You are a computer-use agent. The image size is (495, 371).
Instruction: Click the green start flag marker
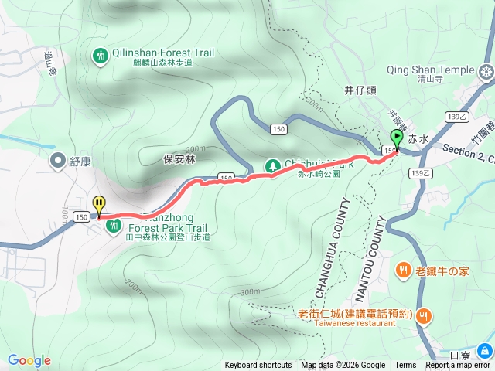click(x=397, y=140)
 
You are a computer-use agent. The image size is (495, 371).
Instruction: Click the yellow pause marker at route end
click(x=99, y=205)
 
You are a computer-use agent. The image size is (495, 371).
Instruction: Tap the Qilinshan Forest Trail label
click(x=163, y=53)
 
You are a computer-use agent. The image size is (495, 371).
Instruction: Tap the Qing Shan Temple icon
click(x=486, y=72)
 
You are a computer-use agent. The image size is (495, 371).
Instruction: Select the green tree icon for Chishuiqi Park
click(x=272, y=165)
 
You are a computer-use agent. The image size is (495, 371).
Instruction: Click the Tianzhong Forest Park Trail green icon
click(x=114, y=225)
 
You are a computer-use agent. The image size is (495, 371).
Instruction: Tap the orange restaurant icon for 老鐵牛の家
click(x=404, y=270)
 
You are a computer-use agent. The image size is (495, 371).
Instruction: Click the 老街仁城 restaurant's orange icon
click(x=424, y=315)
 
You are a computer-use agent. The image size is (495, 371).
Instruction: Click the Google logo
click(x=29, y=360)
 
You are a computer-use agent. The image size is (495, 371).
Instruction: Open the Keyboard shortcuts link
click(x=258, y=366)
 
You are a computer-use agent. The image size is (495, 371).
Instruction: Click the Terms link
click(x=405, y=366)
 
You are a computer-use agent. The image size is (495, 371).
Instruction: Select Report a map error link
click(x=458, y=366)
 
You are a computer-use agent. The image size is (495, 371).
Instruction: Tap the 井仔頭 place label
click(x=360, y=90)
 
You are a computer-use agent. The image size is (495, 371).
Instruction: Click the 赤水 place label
click(x=418, y=139)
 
